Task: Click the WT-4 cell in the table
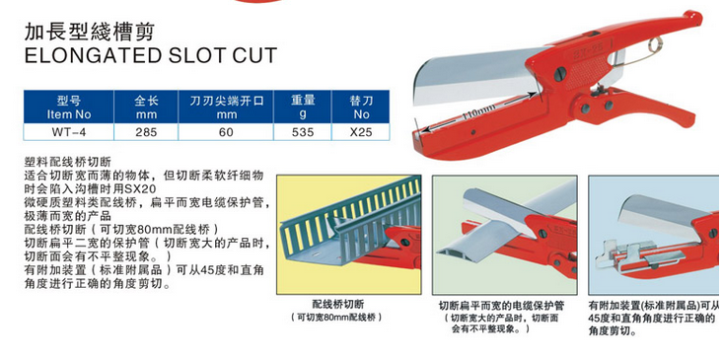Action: coord(69,132)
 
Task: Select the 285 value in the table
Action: coord(146,132)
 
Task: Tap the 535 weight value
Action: coord(303,132)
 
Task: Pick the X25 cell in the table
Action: coord(361,132)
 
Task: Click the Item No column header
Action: coord(69,108)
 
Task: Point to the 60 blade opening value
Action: coord(226,132)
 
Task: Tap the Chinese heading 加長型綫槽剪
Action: coord(88,32)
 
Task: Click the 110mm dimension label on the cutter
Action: coord(479,111)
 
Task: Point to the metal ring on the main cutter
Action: coord(656,45)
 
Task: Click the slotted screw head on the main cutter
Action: coord(560,74)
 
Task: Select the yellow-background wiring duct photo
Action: coord(348,235)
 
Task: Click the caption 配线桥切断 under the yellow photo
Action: coord(338,305)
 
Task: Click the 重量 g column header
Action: coord(303,108)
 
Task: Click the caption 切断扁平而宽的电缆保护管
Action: coord(501,306)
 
